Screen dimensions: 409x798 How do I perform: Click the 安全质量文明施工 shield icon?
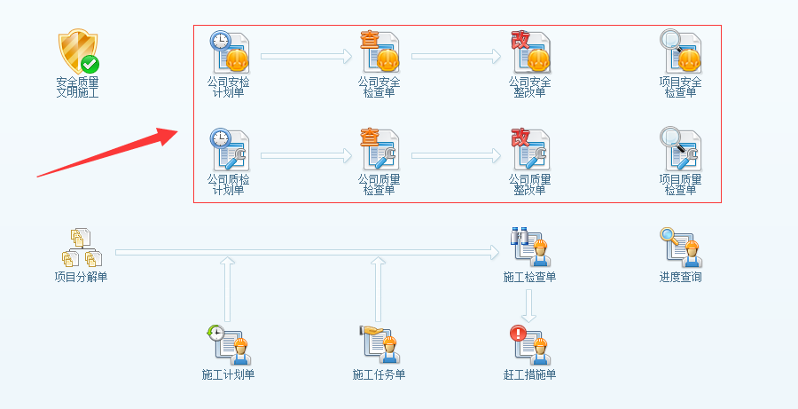[78, 51]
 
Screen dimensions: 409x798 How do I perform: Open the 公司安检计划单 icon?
[229, 51]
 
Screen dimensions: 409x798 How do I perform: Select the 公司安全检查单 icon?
[379, 51]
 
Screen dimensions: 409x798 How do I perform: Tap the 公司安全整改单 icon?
[530, 51]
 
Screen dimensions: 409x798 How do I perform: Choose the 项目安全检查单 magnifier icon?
[681, 51]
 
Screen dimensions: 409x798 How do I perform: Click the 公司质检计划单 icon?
[229, 149]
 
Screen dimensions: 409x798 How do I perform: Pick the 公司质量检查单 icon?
[379, 149]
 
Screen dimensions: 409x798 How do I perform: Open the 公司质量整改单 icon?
[530, 149]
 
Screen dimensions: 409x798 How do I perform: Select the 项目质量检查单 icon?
[681, 149]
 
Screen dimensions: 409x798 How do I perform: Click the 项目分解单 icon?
[81, 248]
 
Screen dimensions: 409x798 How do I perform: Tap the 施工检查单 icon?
[530, 248]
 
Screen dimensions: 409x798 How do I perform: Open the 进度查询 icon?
[681, 248]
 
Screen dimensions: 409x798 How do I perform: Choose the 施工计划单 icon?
[229, 344]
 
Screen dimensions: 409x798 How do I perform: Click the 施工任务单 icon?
[379, 344]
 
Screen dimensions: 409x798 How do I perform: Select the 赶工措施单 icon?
[530, 344]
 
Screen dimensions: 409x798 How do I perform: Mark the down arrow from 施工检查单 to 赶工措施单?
[529, 305]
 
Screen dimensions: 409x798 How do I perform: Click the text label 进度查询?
[681, 277]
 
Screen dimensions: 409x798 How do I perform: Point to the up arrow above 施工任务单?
[379, 289]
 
